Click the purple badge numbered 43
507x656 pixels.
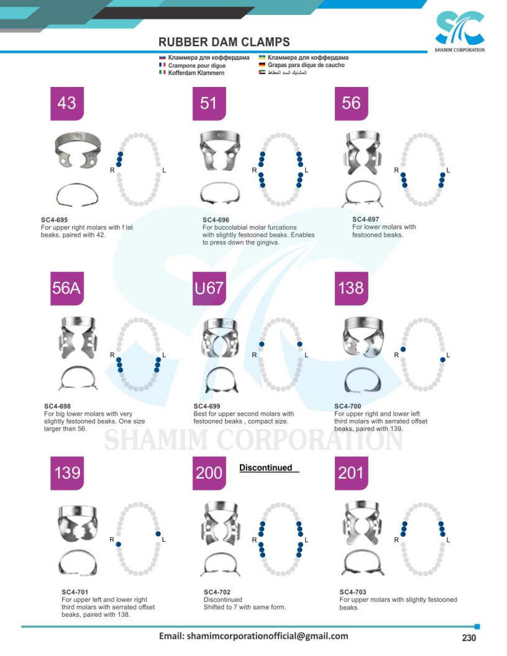[67, 103]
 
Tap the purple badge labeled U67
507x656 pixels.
[209, 288]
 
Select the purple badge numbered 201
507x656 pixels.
[352, 473]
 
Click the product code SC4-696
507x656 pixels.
[216, 220]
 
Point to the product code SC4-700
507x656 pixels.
[347, 406]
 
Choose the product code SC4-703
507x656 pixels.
[353, 592]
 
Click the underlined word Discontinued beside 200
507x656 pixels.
[266, 468]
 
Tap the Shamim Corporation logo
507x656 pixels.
[459, 32]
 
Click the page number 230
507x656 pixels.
[469, 637]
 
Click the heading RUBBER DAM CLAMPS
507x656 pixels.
[224, 42]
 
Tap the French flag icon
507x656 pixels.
[162, 65]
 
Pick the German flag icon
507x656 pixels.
[262, 65]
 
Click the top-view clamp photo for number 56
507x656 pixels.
[362, 152]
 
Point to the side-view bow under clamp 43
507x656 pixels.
[77, 195]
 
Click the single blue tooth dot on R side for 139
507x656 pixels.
[119, 544]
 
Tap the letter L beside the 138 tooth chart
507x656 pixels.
[448, 355]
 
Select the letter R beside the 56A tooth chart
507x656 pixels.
[112, 355]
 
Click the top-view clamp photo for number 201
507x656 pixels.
[362, 523]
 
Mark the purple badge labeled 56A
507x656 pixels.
[67, 288]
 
